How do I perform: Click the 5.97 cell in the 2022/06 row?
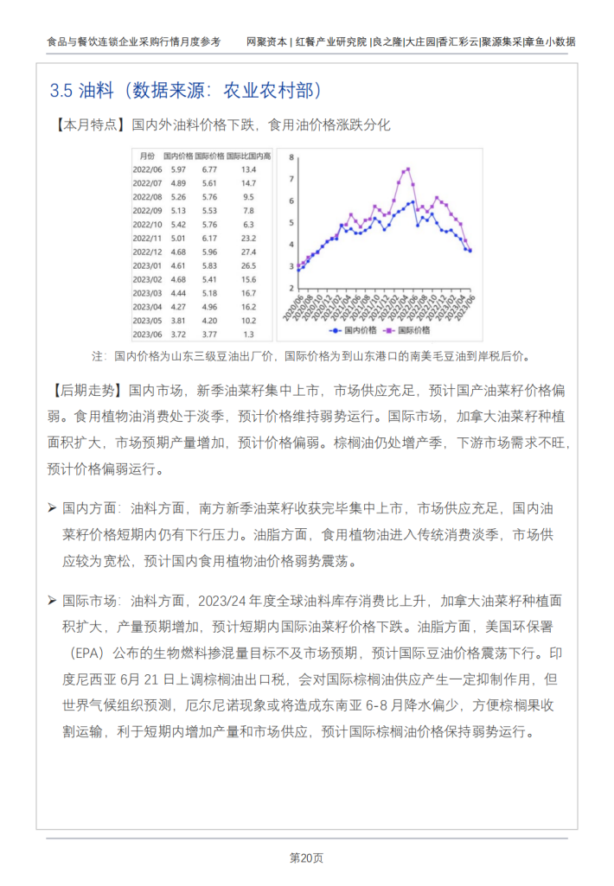point(178,169)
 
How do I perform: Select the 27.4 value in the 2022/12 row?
point(249,252)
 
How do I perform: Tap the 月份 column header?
point(146,156)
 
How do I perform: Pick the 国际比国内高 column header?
point(249,156)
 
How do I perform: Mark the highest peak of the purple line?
point(407,169)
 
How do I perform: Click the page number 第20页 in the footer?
point(306,858)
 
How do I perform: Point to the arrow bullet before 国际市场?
point(52,599)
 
